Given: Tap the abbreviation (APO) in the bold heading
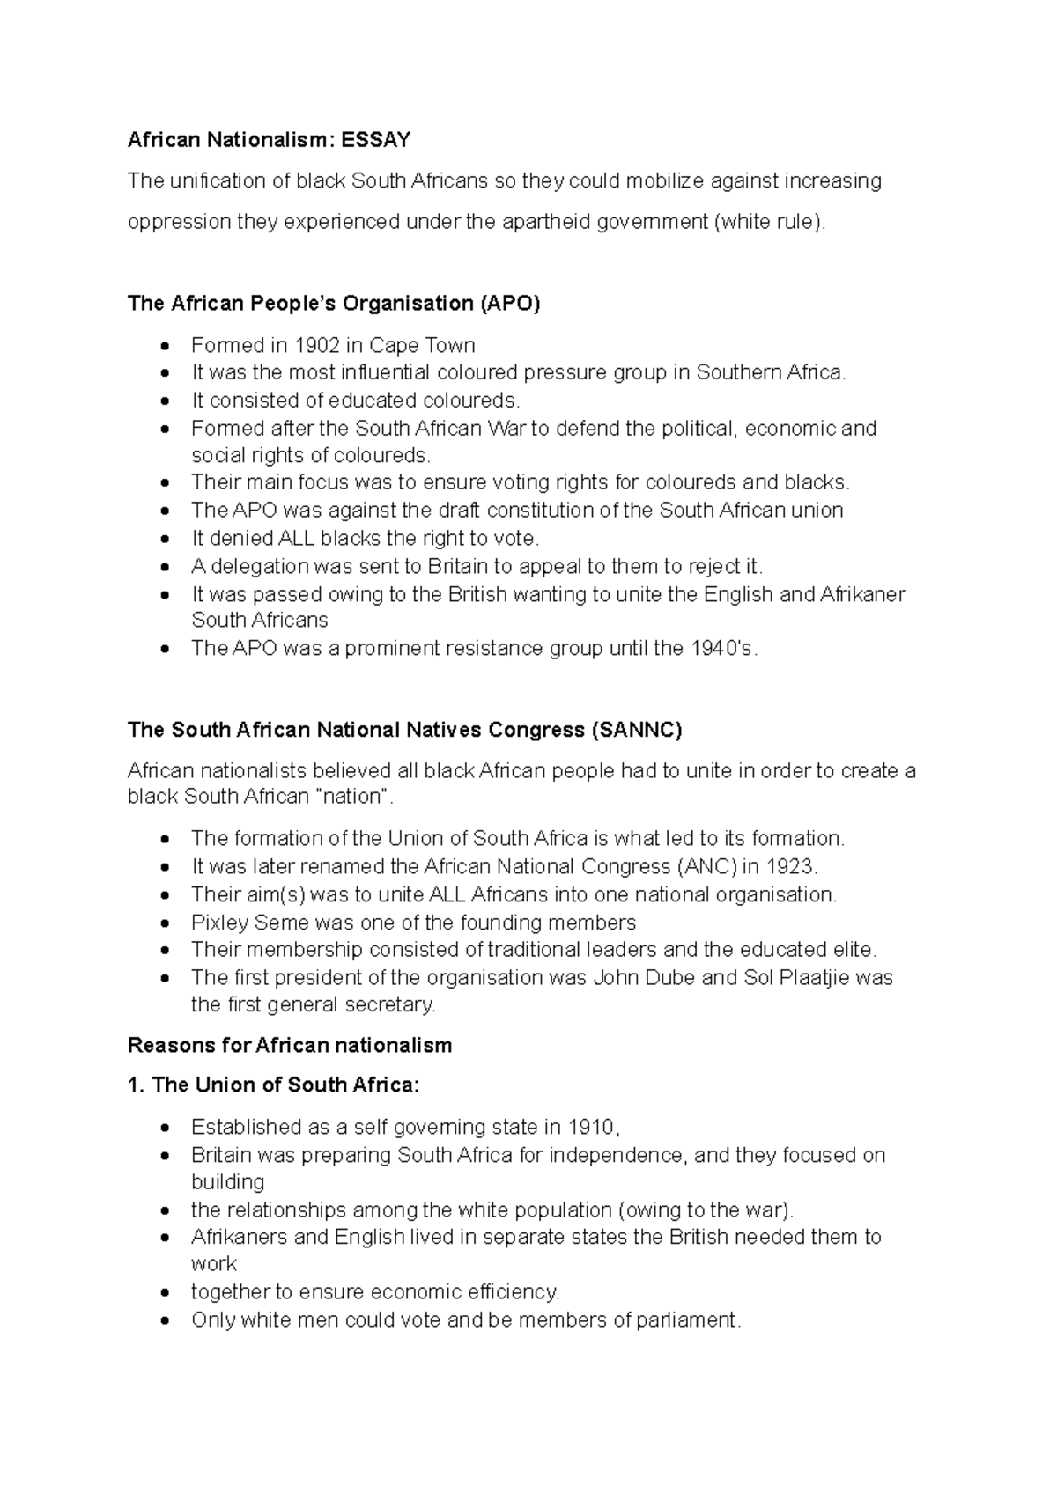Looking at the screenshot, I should pyautogui.click(x=510, y=304).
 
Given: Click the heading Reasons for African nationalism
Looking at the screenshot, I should pyautogui.click(x=290, y=1045).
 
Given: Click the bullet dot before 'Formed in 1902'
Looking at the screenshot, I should pyautogui.click(x=164, y=346).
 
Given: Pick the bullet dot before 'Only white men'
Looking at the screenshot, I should pyautogui.click(x=164, y=1320).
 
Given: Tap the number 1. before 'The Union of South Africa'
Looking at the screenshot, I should pyautogui.click(x=136, y=1085).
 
